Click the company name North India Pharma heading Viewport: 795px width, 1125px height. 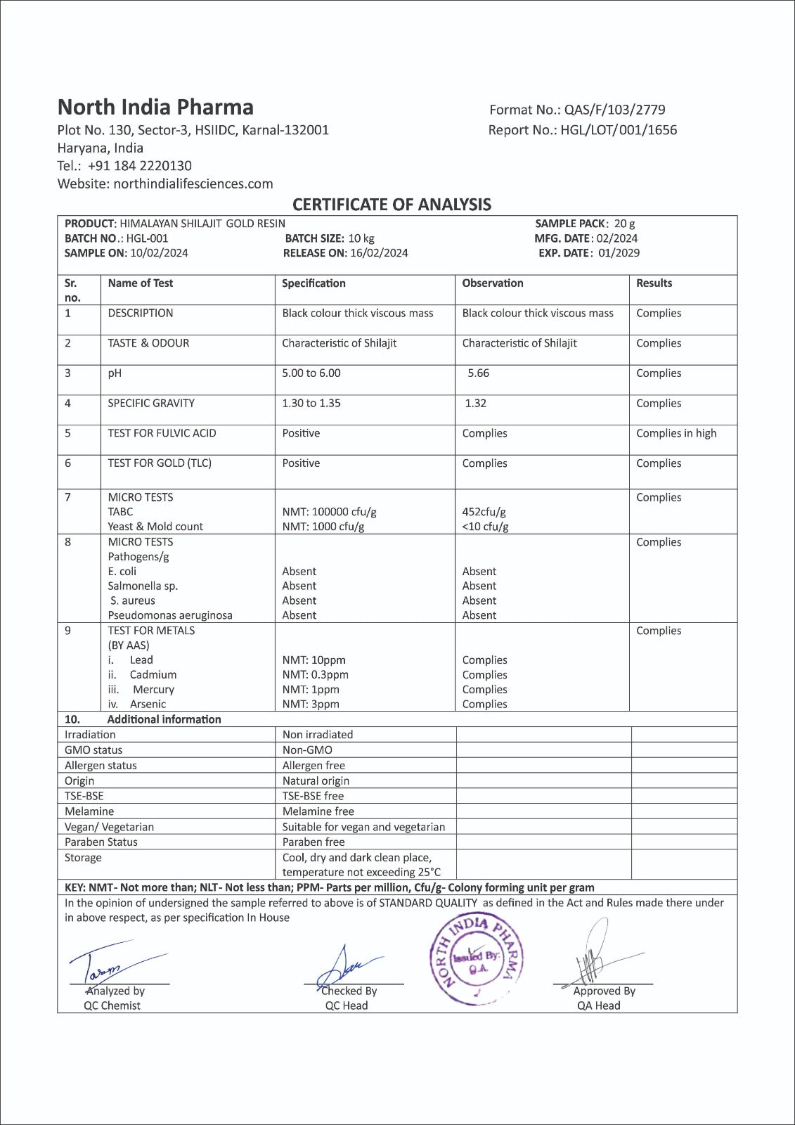tap(155, 108)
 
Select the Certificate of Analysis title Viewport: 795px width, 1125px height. tap(392, 205)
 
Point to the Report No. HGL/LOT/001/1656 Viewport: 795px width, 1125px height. tap(619, 130)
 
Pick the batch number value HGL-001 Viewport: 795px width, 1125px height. tap(148, 238)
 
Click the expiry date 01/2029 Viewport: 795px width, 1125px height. tap(619, 253)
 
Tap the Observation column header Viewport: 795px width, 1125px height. tap(493, 283)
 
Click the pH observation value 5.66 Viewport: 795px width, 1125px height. tap(479, 373)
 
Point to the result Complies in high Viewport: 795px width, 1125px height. tap(676, 434)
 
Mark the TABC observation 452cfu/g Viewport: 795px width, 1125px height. tap(484, 512)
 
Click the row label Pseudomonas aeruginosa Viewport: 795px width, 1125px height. tap(170, 615)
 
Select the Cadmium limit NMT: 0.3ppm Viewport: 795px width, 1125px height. tap(316, 675)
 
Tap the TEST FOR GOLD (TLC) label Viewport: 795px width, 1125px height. tap(160, 463)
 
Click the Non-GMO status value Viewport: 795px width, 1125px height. tap(307, 750)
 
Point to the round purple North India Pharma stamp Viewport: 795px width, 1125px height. tap(477, 960)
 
